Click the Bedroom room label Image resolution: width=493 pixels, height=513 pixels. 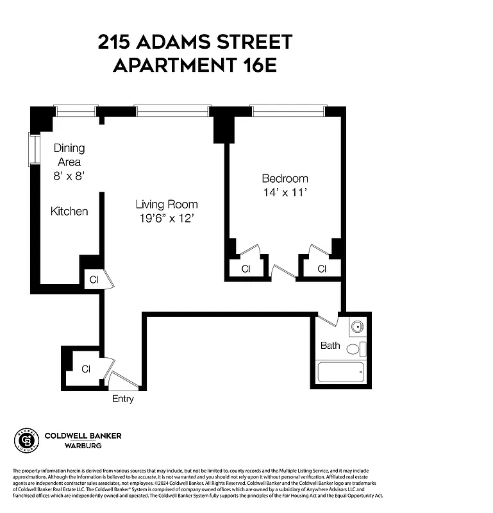(x=285, y=178)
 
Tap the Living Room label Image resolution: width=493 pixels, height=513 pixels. (x=166, y=205)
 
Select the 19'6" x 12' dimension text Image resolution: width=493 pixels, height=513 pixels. (x=166, y=219)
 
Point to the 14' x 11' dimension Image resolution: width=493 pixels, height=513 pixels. (x=285, y=192)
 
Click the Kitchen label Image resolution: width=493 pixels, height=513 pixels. (x=69, y=211)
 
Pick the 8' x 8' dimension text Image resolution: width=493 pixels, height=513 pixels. (x=69, y=175)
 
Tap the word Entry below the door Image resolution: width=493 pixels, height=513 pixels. (x=123, y=399)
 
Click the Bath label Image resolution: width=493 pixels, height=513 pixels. (x=330, y=346)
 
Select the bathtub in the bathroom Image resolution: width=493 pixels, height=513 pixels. (x=341, y=373)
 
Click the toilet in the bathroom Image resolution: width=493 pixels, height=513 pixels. (x=353, y=350)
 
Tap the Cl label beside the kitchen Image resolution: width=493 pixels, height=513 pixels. (x=94, y=280)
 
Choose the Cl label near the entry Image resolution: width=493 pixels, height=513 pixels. (x=86, y=368)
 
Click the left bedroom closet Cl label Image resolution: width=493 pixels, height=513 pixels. (x=246, y=269)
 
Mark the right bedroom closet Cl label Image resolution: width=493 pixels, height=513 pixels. (x=322, y=269)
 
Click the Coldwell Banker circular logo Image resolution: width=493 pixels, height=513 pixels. (x=26, y=441)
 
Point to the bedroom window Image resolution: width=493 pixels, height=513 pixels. (x=288, y=110)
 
